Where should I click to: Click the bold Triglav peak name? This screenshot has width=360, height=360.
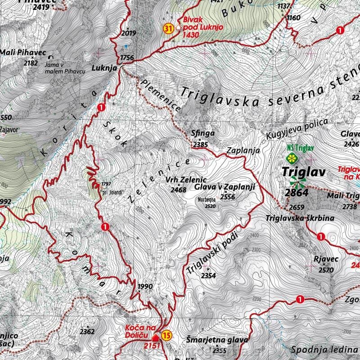click(x=297, y=171)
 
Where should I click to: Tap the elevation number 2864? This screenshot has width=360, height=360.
click(x=297, y=193)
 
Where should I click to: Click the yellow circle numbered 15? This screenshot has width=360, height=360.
click(x=166, y=335)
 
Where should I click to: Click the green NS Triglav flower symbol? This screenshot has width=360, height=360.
click(x=292, y=158)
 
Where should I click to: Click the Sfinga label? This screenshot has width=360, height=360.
click(x=200, y=133)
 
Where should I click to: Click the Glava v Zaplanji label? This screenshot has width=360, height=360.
click(x=225, y=187)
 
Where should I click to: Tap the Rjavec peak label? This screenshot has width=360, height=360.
click(x=324, y=260)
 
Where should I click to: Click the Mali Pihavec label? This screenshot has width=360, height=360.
click(x=23, y=53)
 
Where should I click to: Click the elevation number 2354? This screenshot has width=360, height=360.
click(x=208, y=275)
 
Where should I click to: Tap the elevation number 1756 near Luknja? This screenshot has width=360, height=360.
click(x=127, y=57)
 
